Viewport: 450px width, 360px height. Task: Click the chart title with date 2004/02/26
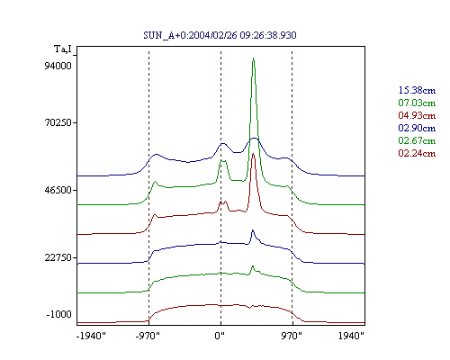click(x=220, y=35)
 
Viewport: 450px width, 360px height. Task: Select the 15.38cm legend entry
click(x=417, y=90)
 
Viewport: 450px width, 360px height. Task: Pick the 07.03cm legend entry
click(x=417, y=103)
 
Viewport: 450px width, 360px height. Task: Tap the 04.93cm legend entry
click(x=417, y=115)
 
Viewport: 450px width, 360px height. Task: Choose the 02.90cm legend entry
click(x=417, y=128)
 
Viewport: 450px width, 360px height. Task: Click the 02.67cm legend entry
click(x=417, y=140)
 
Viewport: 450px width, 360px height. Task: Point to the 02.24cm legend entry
click(x=417, y=153)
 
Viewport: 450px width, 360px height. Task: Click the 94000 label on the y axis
click(x=58, y=66)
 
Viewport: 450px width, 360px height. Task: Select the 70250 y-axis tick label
click(x=58, y=122)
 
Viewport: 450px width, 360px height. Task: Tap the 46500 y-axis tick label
click(x=58, y=190)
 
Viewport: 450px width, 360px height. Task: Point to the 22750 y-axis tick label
click(x=58, y=257)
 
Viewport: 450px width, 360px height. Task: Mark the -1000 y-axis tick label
click(x=59, y=314)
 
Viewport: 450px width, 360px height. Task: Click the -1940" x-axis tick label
click(x=92, y=336)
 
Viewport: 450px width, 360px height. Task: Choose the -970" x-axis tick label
click(x=148, y=336)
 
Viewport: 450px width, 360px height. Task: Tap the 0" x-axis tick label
click(x=220, y=336)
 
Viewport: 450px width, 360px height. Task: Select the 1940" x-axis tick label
click(x=351, y=336)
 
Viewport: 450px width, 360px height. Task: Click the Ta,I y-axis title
click(x=63, y=49)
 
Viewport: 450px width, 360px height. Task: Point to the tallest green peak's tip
click(x=254, y=58)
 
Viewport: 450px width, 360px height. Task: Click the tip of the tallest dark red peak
click(x=254, y=154)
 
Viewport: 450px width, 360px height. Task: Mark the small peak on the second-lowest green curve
click(x=253, y=266)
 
